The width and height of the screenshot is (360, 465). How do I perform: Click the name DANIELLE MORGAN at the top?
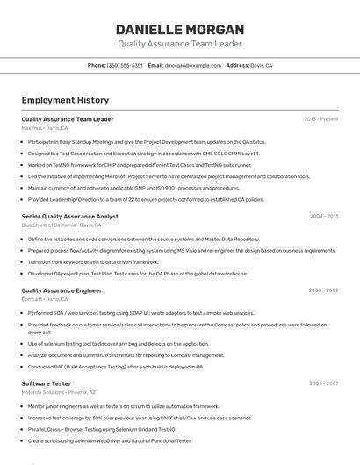pyautogui.click(x=179, y=28)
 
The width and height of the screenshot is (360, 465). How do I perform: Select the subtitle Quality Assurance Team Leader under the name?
pyautogui.click(x=179, y=43)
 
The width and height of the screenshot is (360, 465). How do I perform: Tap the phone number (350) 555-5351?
pyautogui.click(x=125, y=65)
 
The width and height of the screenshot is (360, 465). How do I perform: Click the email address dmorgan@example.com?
pyautogui.click(x=192, y=65)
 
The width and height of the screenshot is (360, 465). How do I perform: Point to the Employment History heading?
pyautogui.click(x=65, y=100)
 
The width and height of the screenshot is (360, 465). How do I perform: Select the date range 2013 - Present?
pyautogui.click(x=321, y=119)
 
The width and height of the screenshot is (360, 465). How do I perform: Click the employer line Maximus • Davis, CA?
pyautogui.click(x=44, y=128)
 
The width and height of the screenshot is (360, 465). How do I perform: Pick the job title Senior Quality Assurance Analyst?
pyautogui.click(x=69, y=216)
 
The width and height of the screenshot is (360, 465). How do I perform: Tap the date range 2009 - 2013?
pyautogui.click(x=324, y=216)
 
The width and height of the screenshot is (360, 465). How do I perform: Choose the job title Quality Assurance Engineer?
pyautogui.click(x=61, y=290)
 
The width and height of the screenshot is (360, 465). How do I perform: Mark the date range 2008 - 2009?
pyautogui.click(x=323, y=290)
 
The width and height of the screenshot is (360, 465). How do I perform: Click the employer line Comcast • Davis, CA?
pyautogui.click(x=44, y=299)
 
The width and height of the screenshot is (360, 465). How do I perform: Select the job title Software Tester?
pyautogui.click(x=46, y=383)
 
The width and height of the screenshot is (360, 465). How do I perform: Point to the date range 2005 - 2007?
pyautogui.click(x=323, y=383)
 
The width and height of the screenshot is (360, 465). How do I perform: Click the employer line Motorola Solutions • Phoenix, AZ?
pyautogui.click(x=59, y=393)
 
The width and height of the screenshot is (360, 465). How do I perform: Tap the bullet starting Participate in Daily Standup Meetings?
pyautogui.click(x=147, y=141)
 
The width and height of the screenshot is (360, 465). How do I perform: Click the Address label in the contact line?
pyautogui.click(x=237, y=65)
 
